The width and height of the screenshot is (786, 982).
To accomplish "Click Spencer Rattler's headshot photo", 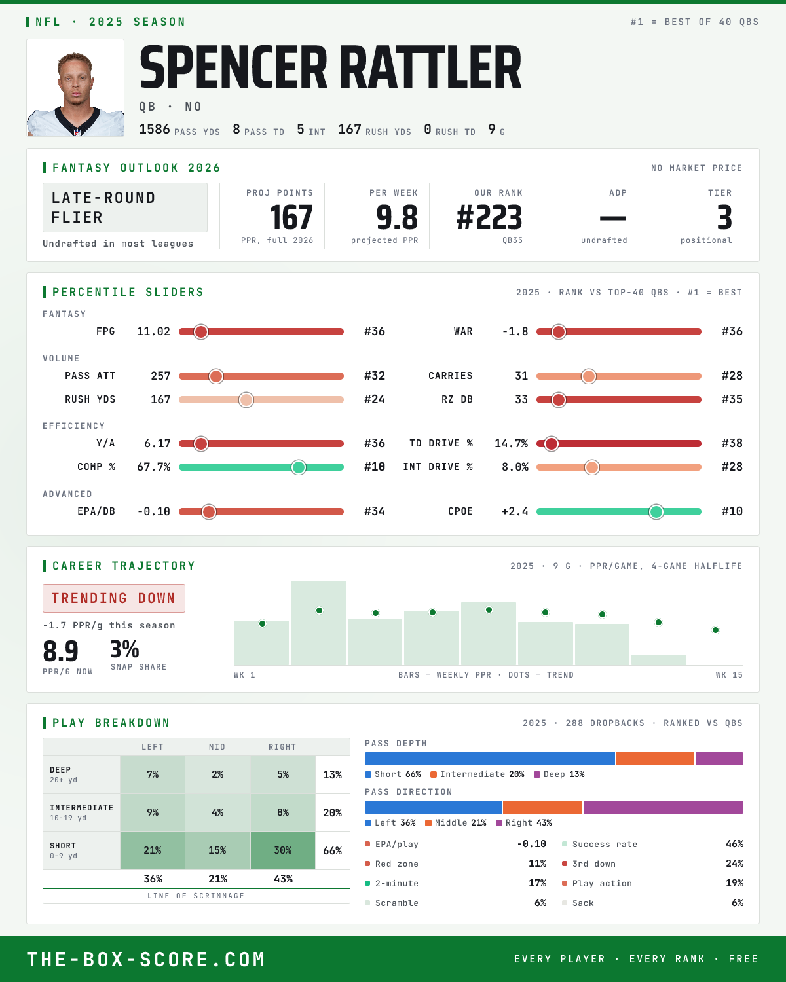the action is (x=75, y=88).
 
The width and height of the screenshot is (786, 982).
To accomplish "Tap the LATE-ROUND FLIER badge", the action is (x=124, y=208).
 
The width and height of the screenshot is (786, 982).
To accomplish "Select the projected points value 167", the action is (x=291, y=217).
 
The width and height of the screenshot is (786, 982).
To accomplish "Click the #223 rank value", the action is (x=489, y=217).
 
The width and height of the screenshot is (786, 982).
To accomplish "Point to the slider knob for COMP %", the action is (x=299, y=467).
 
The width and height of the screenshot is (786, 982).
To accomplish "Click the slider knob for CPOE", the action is (x=656, y=512).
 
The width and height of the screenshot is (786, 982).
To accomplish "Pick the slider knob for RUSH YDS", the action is (x=246, y=400).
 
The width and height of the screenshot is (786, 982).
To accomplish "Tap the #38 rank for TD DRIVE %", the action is (x=732, y=443).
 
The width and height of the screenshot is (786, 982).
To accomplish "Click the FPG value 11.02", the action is (x=153, y=331).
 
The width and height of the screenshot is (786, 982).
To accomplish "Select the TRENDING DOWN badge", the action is (x=114, y=598).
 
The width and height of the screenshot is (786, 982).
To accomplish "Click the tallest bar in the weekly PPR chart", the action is (x=318, y=623).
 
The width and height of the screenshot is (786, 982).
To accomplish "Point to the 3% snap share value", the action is (x=124, y=649).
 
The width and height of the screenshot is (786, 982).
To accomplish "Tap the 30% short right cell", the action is (x=283, y=850).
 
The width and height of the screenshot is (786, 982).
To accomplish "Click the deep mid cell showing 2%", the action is (x=217, y=774).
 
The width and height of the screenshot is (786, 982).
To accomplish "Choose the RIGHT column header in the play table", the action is (x=282, y=747).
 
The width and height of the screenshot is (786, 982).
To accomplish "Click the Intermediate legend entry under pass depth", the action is (x=477, y=774).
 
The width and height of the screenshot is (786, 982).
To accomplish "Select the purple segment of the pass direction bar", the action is (x=663, y=807).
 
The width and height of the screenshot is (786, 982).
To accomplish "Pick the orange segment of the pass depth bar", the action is (x=655, y=758).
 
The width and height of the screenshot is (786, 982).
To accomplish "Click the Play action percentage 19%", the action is (x=734, y=883).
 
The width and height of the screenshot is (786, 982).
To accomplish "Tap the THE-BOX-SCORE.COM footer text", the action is (x=146, y=959).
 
